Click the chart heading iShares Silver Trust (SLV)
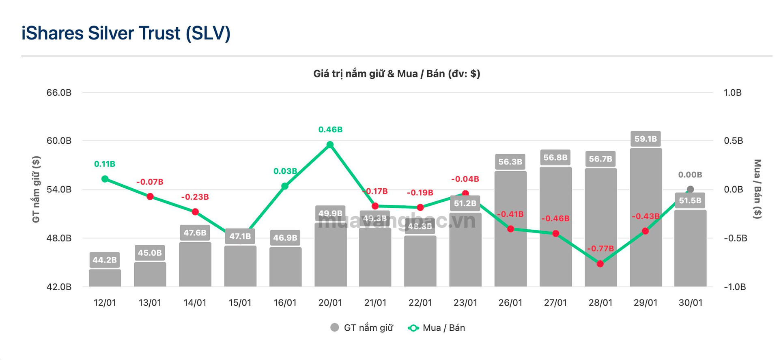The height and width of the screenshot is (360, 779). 126,33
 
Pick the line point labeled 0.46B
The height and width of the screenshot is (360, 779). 330,145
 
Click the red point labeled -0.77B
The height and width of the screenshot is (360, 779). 600,264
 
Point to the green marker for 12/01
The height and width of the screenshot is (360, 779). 105,179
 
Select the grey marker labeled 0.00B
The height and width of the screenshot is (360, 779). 690,189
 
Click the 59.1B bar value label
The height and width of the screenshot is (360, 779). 646,139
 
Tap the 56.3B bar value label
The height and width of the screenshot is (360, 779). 510,162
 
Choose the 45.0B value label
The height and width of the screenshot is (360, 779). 150,253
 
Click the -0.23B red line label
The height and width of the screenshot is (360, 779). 195,197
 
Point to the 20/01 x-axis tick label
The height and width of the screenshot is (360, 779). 330,303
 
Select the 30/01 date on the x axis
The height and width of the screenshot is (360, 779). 690,303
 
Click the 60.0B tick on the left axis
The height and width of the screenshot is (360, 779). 59,141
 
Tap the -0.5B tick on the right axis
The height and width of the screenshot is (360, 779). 735,238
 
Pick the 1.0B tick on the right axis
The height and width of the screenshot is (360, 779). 732,93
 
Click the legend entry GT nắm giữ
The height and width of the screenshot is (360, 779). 362,328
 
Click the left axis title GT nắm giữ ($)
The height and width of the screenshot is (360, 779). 36,189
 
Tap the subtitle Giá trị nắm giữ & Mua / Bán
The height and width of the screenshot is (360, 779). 396,74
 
